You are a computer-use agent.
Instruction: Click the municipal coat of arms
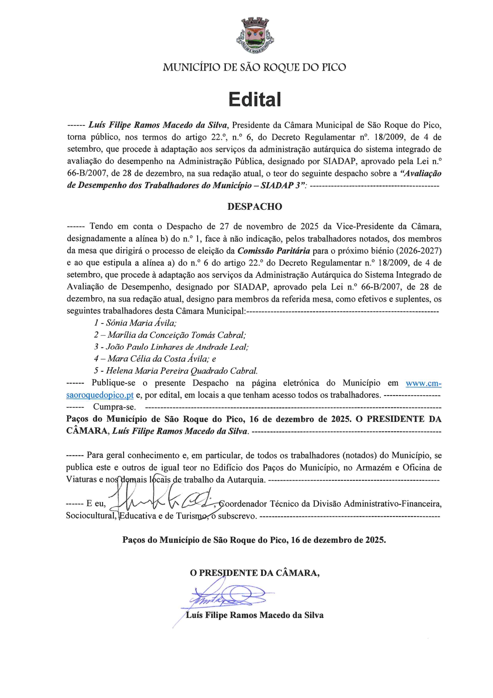tap(255, 36)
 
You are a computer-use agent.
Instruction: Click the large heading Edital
tap(255, 99)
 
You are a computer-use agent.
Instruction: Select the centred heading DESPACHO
tap(255, 207)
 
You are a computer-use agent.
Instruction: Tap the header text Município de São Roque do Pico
tap(254, 67)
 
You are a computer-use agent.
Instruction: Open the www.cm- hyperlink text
tap(423, 383)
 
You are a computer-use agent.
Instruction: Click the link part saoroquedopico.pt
tap(100, 395)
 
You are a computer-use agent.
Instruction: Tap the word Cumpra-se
tap(114, 407)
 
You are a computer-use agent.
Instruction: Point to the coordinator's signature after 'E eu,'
tap(163, 503)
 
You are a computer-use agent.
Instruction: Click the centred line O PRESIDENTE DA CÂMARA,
tap(255, 573)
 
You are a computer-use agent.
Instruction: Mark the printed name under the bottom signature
tap(255, 615)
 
